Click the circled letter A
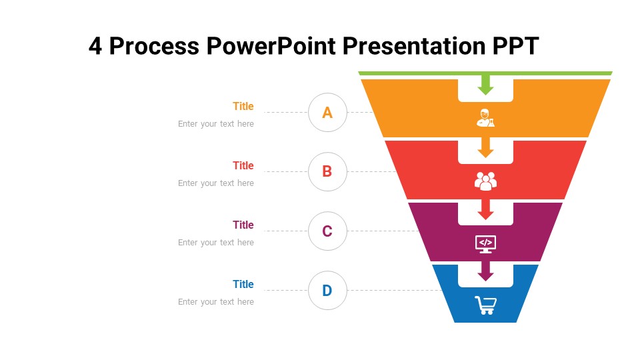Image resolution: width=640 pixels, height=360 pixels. [x=327, y=112]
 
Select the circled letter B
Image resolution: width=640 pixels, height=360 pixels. [x=327, y=171]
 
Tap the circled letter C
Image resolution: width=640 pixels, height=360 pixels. [x=327, y=231]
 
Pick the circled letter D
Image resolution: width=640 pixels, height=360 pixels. [x=327, y=290]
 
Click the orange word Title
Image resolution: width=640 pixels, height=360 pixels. [x=243, y=106]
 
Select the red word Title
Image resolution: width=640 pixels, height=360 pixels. [x=243, y=165]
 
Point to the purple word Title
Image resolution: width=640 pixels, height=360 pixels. [x=243, y=225]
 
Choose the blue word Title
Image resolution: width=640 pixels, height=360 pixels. [x=243, y=284]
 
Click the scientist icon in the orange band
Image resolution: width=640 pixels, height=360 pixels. [x=485, y=118]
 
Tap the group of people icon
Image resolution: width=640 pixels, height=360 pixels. [x=485, y=181]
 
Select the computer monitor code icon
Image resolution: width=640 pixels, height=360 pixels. [x=485, y=244]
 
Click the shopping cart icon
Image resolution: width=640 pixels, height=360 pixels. [x=486, y=305]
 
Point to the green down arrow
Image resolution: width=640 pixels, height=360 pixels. [x=485, y=85]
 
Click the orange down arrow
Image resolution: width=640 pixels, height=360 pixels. [x=485, y=147]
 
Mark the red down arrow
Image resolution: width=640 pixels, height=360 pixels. [x=485, y=209]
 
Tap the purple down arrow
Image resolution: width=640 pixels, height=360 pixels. [x=485, y=271]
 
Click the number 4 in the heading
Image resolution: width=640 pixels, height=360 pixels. [x=95, y=46]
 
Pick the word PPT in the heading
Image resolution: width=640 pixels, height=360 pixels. [x=515, y=46]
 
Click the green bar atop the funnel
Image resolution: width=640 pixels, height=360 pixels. [x=485, y=73]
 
